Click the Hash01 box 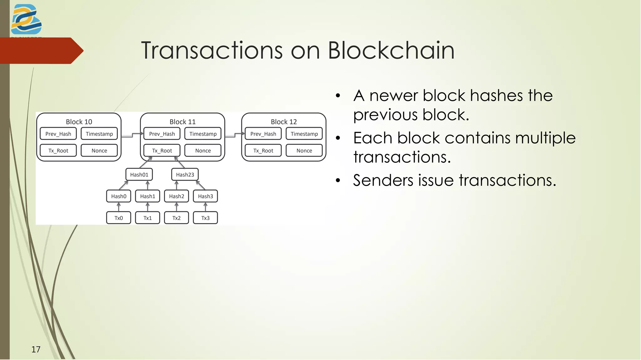(x=139, y=175)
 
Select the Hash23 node (x=185, y=175)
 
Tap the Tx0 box (x=119, y=218)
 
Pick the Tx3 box (x=205, y=218)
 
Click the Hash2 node (x=177, y=196)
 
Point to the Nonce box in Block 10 (x=99, y=151)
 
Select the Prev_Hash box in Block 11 (x=162, y=134)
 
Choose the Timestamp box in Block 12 (x=304, y=134)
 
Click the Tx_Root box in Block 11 (x=162, y=151)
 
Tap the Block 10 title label (x=79, y=122)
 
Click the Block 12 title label (x=284, y=122)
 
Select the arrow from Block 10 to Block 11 (x=132, y=135)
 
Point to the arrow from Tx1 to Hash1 (x=148, y=207)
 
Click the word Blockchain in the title (x=391, y=50)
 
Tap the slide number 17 (x=36, y=349)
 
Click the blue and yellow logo (x=26, y=19)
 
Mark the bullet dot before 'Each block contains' (x=338, y=138)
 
